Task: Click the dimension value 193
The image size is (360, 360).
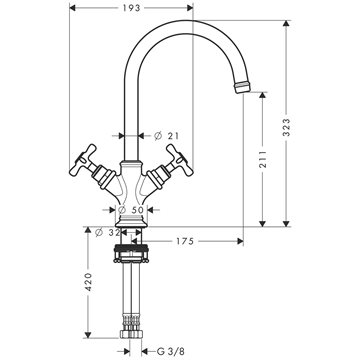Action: (131, 8)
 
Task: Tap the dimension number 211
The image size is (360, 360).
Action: (263, 158)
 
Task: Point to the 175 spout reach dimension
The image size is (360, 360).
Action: (185, 241)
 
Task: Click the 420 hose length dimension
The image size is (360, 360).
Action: (88, 282)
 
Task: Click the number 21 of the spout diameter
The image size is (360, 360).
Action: (173, 136)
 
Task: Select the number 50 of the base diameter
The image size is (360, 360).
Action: (137, 210)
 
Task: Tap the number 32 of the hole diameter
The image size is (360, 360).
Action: (114, 233)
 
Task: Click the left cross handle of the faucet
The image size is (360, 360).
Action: (83, 160)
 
